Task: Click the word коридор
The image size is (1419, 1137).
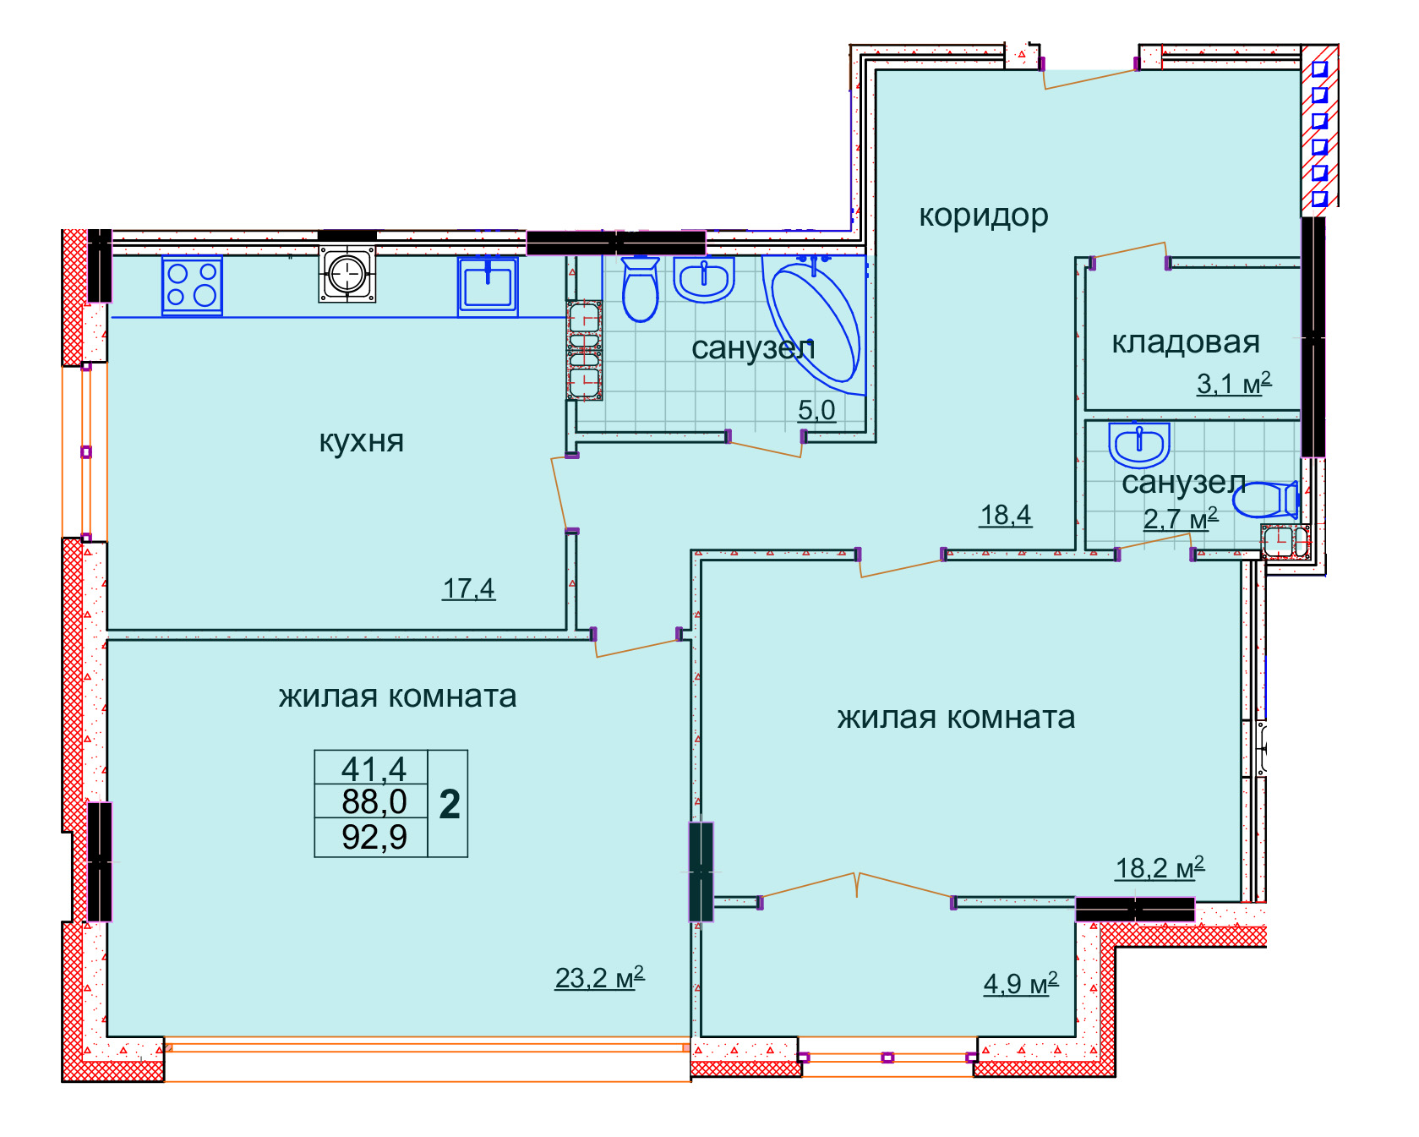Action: click(x=984, y=216)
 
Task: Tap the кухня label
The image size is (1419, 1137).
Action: click(x=362, y=441)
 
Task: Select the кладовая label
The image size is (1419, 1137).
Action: click(x=1186, y=342)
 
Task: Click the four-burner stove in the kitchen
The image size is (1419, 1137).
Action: click(x=193, y=286)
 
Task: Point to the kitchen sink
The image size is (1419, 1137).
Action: click(x=488, y=287)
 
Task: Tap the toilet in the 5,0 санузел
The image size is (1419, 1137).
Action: click(x=640, y=289)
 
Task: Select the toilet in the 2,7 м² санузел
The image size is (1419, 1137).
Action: click(x=1265, y=500)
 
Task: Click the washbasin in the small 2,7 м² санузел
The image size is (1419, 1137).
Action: click(x=1139, y=445)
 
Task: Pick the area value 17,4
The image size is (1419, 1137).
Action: click(x=469, y=588)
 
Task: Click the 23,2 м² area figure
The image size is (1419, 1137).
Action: click(x=599, y=977)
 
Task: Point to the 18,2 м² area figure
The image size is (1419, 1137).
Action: click(x=1160, y=867)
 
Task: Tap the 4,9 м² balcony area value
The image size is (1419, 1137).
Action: click(x=1021, y=983)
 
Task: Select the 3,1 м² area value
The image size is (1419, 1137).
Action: click(x=1234, y=383)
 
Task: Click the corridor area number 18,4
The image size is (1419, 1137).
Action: click(x=1006, y=515)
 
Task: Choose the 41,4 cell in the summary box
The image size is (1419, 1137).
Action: click(x=374, y=769)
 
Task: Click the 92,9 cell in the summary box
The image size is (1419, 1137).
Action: click(x=374, y=837)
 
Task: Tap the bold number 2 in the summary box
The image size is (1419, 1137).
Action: click(x=450, y=804)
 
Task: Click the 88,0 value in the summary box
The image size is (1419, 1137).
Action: click(x=374, y=801)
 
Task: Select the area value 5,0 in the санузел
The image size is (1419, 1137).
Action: click(x=817, y=410)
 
